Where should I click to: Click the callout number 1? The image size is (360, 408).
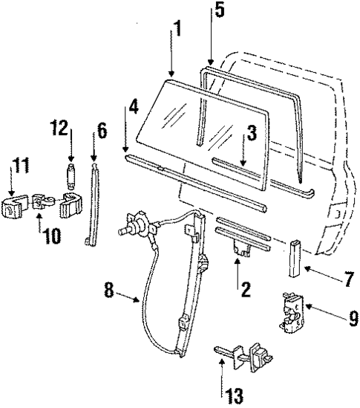tap(177, 30)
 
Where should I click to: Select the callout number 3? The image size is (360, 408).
tap(252, 135)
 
